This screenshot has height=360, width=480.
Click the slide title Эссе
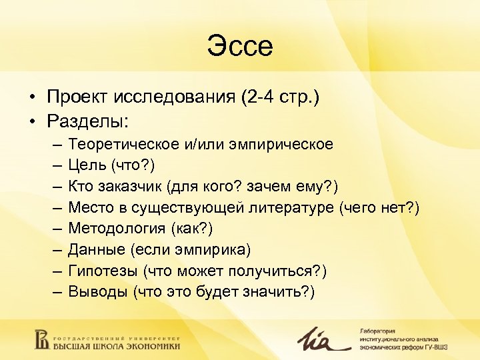click(240, 47)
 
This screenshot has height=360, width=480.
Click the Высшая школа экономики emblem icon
click(41, 337)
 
